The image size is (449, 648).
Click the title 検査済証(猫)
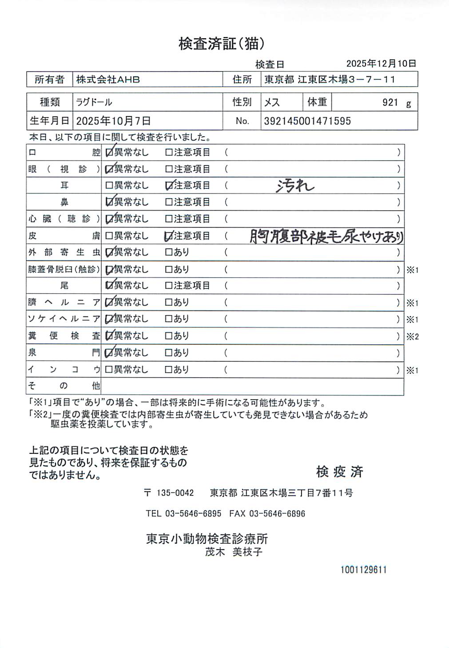click(x=222, y=43)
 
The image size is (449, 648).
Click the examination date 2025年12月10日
click(x=381, y=63)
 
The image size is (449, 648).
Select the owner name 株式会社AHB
click(x=108, y=80)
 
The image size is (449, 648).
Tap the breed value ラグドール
click(x=94, y=102)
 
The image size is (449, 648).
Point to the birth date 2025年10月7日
click(x=113, y=121)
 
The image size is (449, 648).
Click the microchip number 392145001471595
click(x=307, y=121)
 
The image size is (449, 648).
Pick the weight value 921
click(x=390, y=102)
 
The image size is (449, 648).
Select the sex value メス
click(x=272, y=102)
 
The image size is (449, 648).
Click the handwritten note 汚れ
click(x=294, y=186)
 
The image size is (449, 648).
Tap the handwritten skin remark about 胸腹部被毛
click(x=326, y=236)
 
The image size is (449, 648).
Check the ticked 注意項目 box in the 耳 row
click(x=169, y=186)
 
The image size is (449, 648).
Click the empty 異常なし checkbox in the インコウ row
click(x=109, y=370)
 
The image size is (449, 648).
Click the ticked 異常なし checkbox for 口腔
click(x=109, y=153)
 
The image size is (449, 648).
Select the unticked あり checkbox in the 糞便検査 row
click(x=169, y=336)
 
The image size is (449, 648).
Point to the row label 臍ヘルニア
click(x=64, y=302)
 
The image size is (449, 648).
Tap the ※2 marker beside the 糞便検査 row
click(x=412, y=337)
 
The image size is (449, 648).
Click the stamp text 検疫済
click(x=340, y=471)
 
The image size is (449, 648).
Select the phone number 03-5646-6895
click(x=193, y=514)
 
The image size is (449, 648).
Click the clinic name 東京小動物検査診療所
click(x=207, y=539)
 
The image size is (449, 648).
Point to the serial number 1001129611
click(x=363, y=570)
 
